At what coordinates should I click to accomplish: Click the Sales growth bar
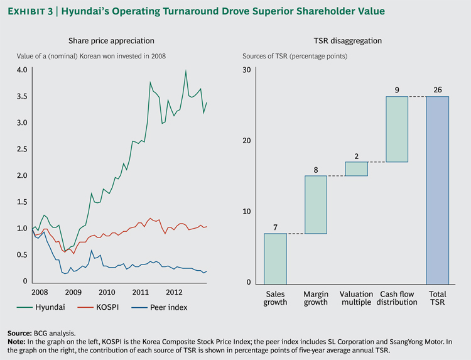tap(275, 258)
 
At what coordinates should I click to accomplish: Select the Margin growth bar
tap(316, 204)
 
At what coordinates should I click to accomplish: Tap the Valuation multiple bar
tap(356, 168)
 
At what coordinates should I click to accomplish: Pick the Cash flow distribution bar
tap(397, 129)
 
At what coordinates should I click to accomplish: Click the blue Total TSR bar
tap(437, 190)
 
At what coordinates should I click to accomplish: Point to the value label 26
tap(437, 89)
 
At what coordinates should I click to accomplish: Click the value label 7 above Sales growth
tap(275, 226)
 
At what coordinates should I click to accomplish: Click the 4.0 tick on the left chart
tap(23, 70)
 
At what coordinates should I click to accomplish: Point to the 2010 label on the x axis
tap(106, 292)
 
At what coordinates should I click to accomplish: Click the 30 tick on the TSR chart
tap(247, 70)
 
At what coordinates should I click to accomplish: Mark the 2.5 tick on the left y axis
tap(23, 149)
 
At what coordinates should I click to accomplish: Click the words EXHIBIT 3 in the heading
tap(34, 11)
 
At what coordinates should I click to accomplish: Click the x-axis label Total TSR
tap(437, 297)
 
